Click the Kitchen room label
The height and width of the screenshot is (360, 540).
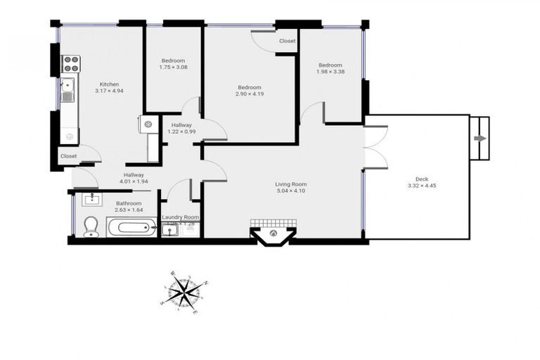pos(109,84)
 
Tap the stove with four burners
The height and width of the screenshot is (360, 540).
pos(72,64)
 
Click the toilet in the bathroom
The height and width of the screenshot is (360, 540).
pos(91,226)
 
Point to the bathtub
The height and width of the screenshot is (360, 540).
pos(132,227)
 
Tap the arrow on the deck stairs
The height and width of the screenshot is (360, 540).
pos(480,139)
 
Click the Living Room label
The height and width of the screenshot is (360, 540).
pos(290,184)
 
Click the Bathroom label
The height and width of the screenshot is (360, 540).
pos(129,203)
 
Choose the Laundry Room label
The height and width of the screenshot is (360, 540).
pos(181,218)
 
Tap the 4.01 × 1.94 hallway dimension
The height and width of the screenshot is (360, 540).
pos(134,181)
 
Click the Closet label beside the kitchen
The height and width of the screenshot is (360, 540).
pos(68,156)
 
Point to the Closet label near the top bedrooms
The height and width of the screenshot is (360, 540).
pos(287,41)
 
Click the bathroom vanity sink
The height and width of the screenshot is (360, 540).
pos(92,200)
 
